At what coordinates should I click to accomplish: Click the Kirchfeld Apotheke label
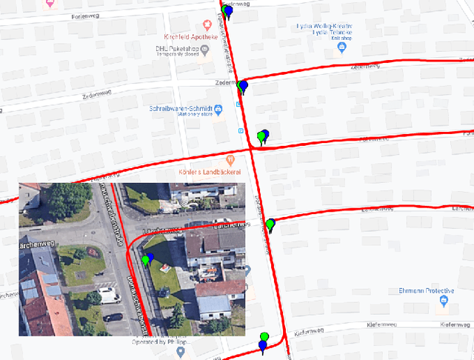click(x=191, y=36)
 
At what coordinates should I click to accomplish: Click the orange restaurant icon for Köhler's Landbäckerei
click(x=230, y=159)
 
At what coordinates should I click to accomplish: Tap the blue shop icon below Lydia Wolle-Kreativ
click(x=341, y=48)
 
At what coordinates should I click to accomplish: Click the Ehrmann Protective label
click(x=425, y=290)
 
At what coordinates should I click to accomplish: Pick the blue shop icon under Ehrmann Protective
click(x=444, y=301)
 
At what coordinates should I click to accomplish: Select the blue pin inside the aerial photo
click(x=150, y=258)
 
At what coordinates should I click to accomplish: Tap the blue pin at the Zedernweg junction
click(x=244, y=86)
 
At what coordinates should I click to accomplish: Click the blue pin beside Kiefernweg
click(x=261, y=346)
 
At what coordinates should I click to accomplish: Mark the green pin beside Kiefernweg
click(x=263, y=337)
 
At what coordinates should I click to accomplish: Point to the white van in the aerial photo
click(x=109, y=296)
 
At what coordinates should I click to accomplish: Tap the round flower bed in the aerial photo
click(x=91, y=251)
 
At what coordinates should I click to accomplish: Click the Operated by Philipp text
click(x=161, y=342)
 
